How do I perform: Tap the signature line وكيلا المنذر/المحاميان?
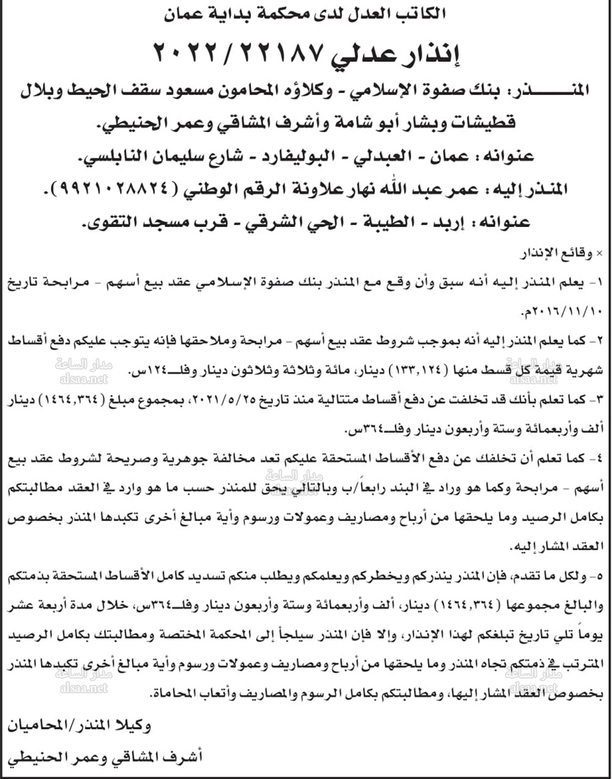coord(80,726)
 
